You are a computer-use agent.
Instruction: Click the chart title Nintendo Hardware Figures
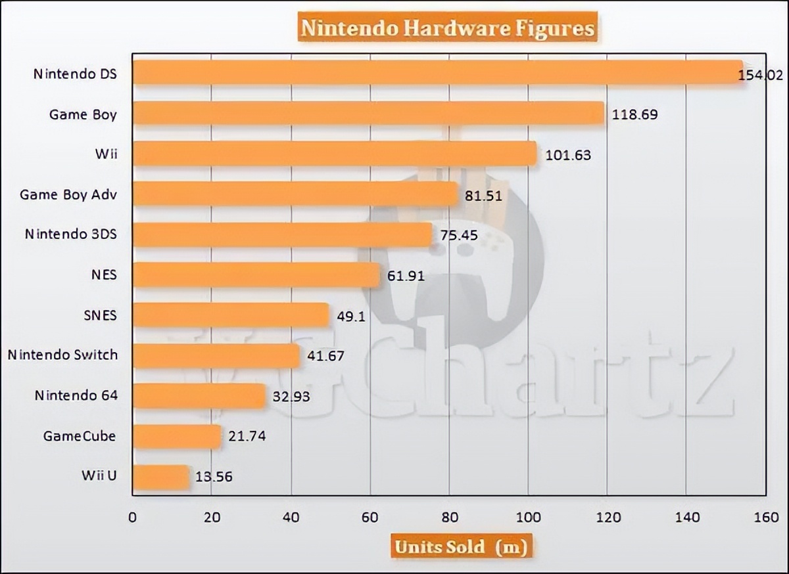tap(447, 29)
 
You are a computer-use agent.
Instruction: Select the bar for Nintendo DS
tap(437, 73)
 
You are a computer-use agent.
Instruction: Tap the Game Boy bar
tap(368, 114)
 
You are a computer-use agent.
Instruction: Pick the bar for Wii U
tap(161, 477)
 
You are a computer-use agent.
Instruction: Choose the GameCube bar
tap(177, 436)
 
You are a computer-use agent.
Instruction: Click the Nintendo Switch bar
tap(216, 356)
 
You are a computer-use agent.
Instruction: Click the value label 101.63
tap(568, 156)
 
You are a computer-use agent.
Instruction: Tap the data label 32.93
tap(287, 397)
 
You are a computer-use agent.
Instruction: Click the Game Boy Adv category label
tap(68, 195)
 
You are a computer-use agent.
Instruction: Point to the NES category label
tap(105, 275)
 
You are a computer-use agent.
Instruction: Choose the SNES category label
tap(100, 315)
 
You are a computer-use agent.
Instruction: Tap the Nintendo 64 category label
tap(76, 396)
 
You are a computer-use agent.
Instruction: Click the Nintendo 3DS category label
tap(71, 234)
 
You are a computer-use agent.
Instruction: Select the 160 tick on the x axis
tap(765, 518)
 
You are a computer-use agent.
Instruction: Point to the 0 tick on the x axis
tap(133, 518)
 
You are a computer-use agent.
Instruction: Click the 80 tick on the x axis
tap(449, 518)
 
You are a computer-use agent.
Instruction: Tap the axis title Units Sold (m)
tap(460, 546)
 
